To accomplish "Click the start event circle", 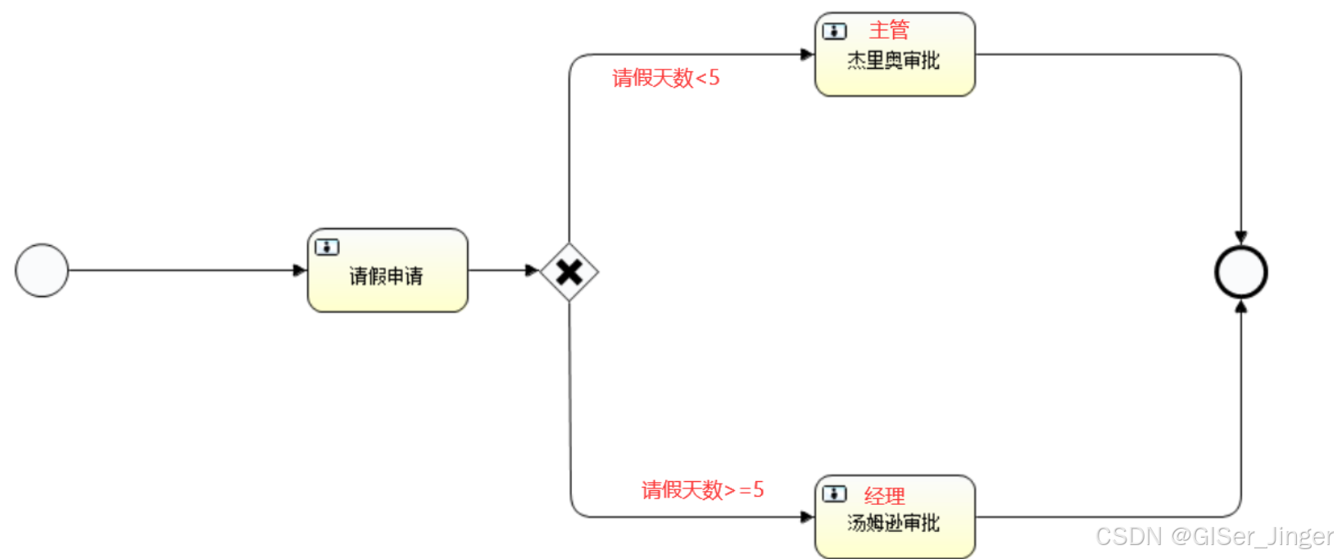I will pos(42,270).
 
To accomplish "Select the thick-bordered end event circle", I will pos(1241,272).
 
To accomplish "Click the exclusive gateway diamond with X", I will pos(569,271).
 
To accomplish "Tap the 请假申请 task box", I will pos(388,270).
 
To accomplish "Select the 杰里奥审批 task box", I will pos(895,55).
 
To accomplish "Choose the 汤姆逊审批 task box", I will pos(895,517).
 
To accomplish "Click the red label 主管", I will pos(889,30).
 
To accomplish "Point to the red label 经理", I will pos(885,495).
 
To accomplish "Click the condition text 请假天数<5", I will pos(666,78).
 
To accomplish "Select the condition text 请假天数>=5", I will pos(703,490).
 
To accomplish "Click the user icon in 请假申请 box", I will pos(327,247).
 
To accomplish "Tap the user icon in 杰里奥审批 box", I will pos(834,31).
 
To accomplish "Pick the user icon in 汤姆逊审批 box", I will pos(834,493).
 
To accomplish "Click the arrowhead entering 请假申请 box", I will pos(300,270).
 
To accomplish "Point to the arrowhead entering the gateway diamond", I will pos(533,270).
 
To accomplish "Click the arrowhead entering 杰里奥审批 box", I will pos(807,55).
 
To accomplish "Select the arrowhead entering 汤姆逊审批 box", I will pos(807,517).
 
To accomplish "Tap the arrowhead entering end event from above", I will pos(1241,237).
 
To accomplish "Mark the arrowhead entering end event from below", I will pos(1241,307).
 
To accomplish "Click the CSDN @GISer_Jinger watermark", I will pos(1214,537).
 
